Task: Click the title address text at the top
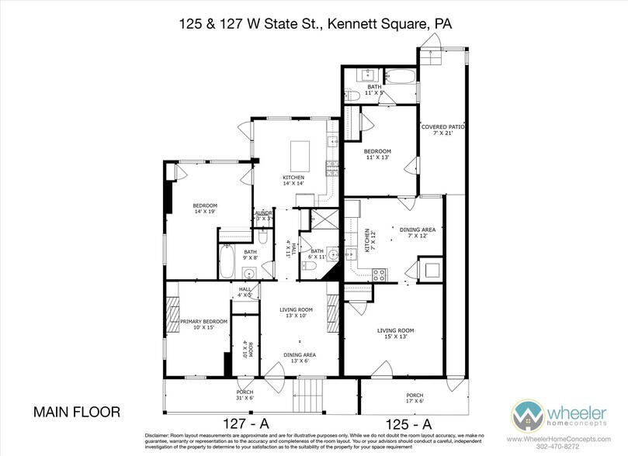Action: tap(314, 24)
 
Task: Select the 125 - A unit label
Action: tap(405, 423)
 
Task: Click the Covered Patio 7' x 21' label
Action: tap(437, 130)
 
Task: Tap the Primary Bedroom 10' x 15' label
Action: tap(203, 324)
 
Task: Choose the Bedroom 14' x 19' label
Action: tap(206, 209)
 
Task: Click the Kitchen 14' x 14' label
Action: tap(293, 181)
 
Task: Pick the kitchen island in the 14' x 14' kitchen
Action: tap(301, 157)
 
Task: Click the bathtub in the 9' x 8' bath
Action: tap(227, 263)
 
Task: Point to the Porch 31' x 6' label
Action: tap(245, 395)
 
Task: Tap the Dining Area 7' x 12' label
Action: tap(417, 233)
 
